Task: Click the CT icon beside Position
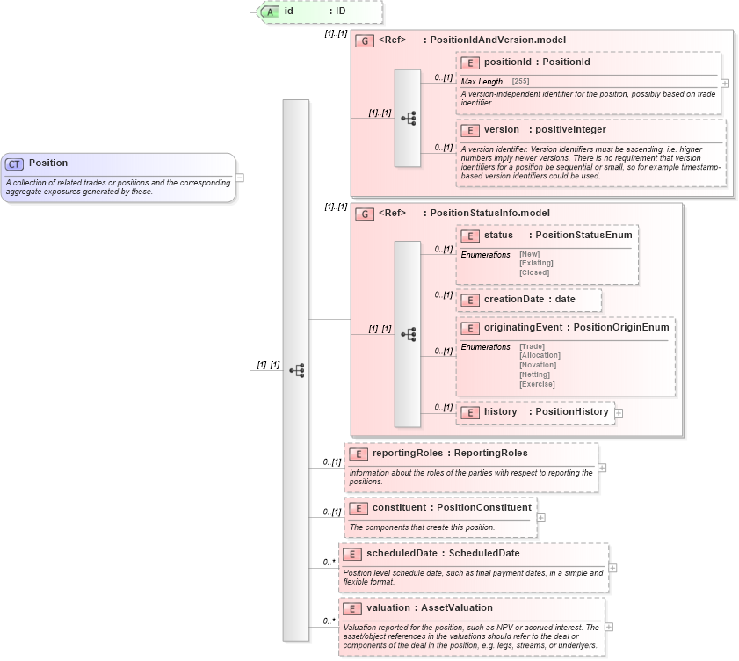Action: (x=15, y=163)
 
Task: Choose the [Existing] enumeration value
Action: (x=536, y=263)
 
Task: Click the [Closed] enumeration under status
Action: (x=534, y=272)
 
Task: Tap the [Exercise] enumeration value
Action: (x=537, y=384)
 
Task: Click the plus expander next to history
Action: (x=619, y=412)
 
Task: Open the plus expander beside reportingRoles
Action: (x=602, y=468)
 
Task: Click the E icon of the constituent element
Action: (x=359, y=508)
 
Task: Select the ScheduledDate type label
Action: (x=484, y=554)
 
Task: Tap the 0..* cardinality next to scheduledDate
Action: (x=329, y=562)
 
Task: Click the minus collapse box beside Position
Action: (x=240, y=178)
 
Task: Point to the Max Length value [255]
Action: (x=521, y=82)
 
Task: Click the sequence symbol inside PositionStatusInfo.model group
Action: (x=408, y=334)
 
